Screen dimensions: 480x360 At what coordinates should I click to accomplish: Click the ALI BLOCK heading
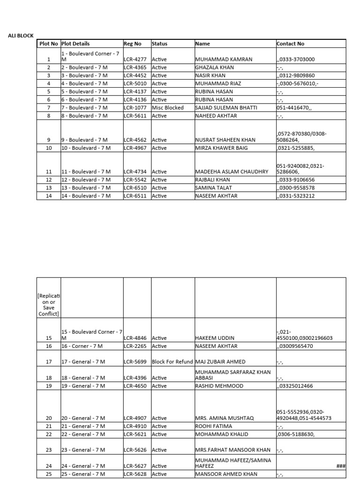[x=21, y=36]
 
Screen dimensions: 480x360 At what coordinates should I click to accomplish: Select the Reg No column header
[x=133, y=44]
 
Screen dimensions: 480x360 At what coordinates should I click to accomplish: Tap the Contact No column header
[x=291, y=44]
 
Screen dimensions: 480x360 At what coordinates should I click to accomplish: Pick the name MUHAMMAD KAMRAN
[x=224, y=60]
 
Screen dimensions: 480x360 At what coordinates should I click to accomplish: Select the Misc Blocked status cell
[x=168, y=107]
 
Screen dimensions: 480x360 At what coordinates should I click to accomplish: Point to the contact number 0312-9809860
[x=296, y=75]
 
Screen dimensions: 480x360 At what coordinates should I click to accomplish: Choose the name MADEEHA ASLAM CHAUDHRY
[x=232, y=172]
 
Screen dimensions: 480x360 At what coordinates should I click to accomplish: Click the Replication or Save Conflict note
[x=49, y=305]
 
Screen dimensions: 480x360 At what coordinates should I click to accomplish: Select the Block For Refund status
[x=172, y=361]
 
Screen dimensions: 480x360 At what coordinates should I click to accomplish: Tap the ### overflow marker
[x=341, y=466]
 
